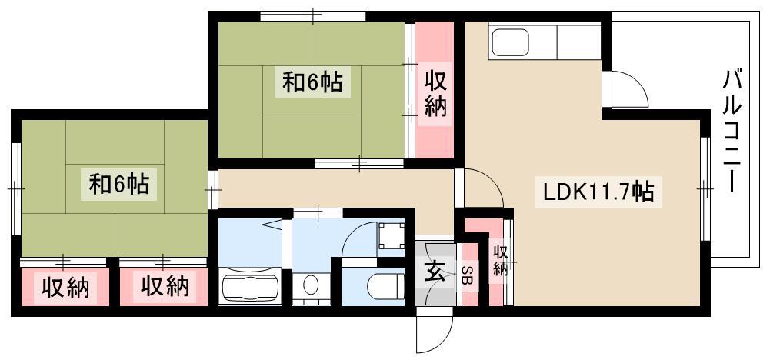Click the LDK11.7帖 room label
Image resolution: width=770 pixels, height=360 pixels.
tap(598, 192)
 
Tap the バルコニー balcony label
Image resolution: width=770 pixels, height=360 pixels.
tap(732, 131)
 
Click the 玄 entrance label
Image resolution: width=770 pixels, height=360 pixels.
tap(435, 272)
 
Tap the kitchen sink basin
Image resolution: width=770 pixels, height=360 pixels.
tap(511, 42)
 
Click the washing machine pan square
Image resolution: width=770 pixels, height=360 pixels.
tap(392, 235)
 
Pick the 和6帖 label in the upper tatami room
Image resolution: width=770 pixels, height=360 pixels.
tap(312, 82)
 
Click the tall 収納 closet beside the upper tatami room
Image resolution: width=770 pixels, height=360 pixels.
tap(435, 90)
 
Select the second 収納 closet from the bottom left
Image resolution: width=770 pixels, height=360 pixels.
tap(164, 287)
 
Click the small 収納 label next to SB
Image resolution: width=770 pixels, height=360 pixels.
tap(500, 260)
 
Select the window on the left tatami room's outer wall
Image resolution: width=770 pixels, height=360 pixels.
tap(16, 188)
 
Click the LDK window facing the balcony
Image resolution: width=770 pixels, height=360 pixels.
tap(705, 188)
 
